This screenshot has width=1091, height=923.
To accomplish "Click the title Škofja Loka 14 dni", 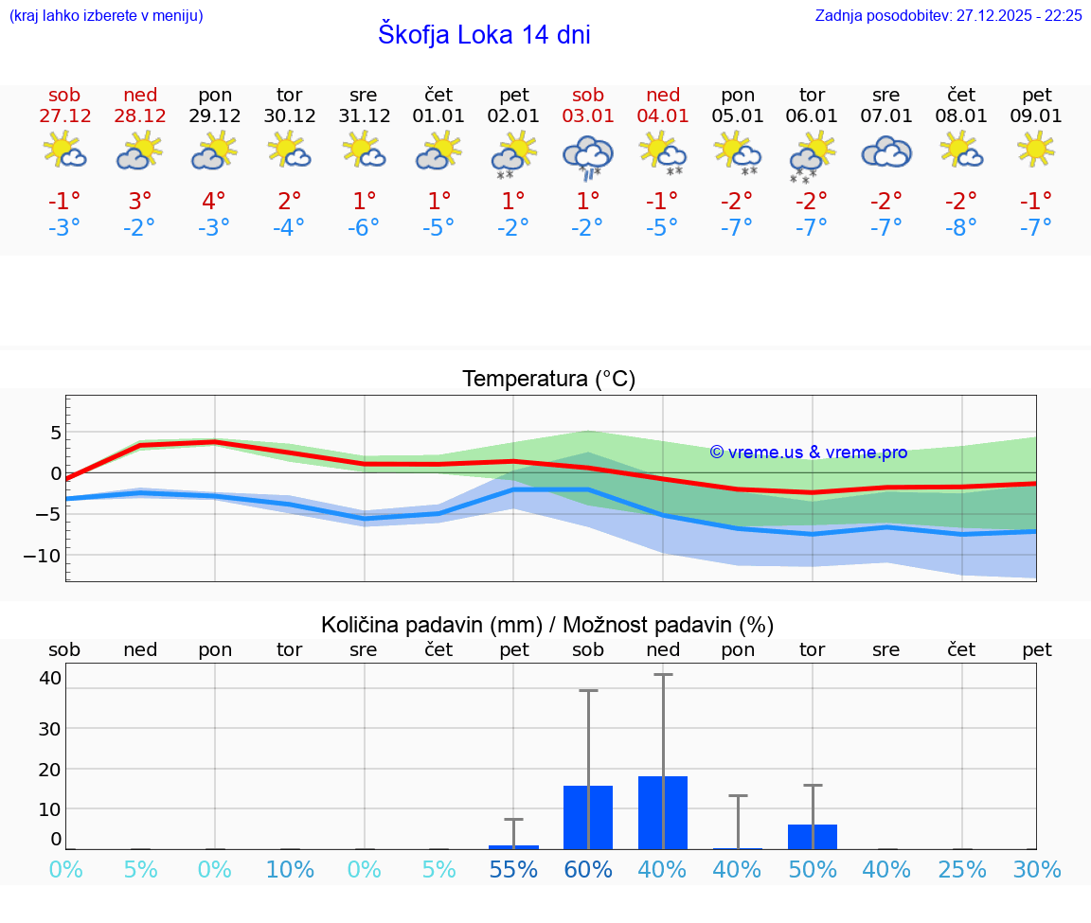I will click(484, 35).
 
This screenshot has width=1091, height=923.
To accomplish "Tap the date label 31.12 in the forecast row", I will click(364, 115).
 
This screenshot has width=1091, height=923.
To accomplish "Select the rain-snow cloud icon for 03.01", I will click(588, 155).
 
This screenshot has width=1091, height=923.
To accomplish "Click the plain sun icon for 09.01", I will click(1036, 150).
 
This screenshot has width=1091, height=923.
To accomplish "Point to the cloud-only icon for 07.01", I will click(886, 151).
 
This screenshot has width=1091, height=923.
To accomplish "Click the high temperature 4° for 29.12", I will click(214, 201).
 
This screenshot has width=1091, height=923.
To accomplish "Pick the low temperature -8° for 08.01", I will click(960, 227).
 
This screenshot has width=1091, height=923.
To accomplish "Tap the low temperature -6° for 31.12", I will click(364, 227).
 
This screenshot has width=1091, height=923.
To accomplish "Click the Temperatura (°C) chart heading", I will click(548, 379).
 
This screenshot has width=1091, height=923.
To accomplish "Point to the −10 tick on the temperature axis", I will click(44, 555).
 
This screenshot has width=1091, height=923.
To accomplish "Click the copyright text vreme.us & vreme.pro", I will click(809, 453).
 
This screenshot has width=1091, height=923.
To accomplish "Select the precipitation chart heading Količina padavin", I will click(547, 624).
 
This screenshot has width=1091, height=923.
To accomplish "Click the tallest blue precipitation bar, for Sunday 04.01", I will click(663, 812).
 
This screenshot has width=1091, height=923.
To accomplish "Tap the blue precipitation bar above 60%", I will click(588, 817).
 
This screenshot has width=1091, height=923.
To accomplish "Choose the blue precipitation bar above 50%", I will click(813, 836).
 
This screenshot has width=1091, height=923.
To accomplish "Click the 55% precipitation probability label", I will click(513, 869).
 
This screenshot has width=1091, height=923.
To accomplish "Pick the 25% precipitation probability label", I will click(962, 869).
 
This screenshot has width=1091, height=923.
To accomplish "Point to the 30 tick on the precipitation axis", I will click(49, 728).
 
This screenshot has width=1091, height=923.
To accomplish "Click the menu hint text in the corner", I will click(106, 15).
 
